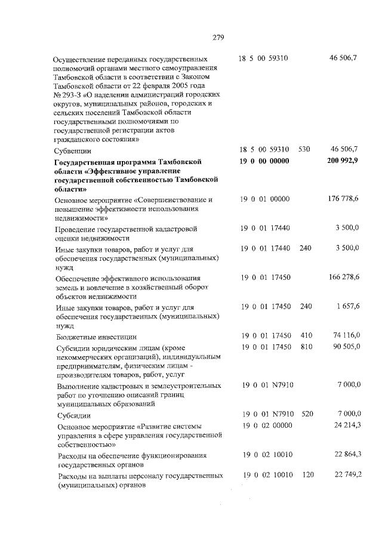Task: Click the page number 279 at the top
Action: tap(217, 38)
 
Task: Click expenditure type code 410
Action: tap(306, 337)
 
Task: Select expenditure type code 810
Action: tap(306, 347)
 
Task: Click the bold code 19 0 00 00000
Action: tap(264, 162)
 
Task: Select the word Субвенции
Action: tap(72, 151)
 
